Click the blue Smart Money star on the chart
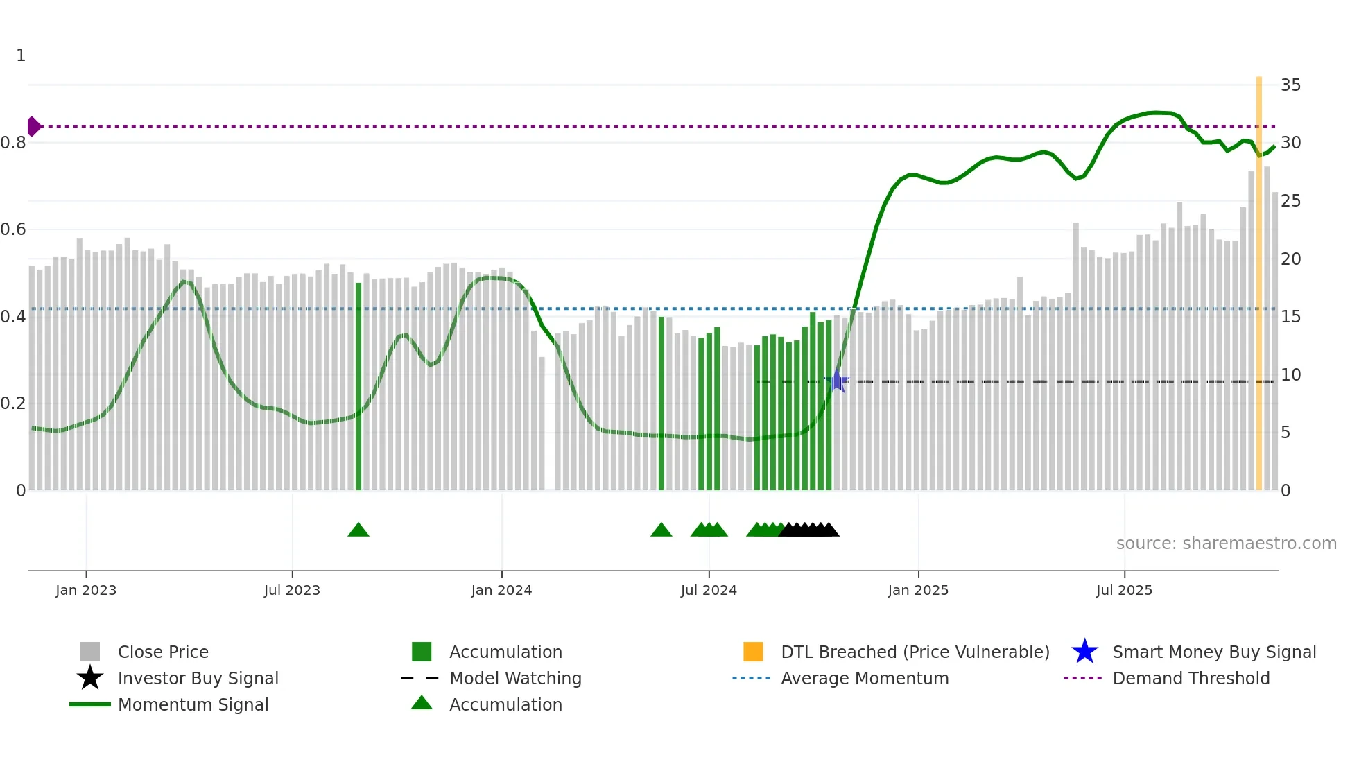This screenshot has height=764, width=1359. (837, 381)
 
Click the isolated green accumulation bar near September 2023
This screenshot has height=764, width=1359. (358, 385)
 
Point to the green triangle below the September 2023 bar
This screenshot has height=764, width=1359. (358, 530)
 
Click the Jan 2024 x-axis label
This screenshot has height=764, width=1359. (501, 590)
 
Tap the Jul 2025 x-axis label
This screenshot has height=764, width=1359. (1124, 590)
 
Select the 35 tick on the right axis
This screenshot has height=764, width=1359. (1290, 85)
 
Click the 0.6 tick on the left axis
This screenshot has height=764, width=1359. (13, 229)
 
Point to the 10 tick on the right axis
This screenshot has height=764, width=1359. (1290, 375)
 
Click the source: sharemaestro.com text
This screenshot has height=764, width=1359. (1226, 544)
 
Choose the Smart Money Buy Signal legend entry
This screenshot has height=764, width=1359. (1213, 652)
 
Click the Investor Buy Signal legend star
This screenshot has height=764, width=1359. (90, 678)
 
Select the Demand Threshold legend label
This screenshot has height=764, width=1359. (1191, 678)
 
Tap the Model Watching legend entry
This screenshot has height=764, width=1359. (514, 678)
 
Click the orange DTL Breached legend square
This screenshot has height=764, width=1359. (753, 652)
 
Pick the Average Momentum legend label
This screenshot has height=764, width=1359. (864, 678)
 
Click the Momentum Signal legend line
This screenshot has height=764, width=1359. (90, 704)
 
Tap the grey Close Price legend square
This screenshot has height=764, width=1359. (90, 652)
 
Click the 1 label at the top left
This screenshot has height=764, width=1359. (21, 55)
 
